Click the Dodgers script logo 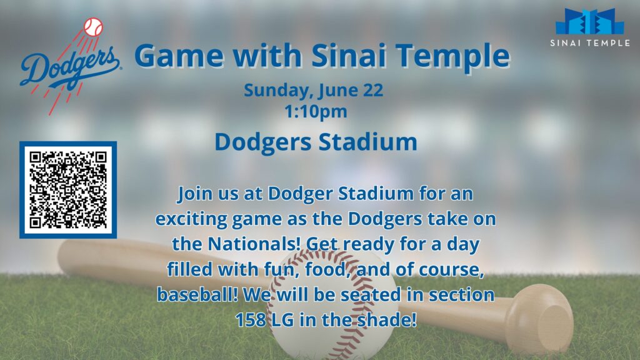69,67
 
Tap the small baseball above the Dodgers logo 94,27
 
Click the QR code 68,190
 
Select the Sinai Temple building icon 590,21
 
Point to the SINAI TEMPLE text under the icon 590,43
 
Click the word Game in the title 179,56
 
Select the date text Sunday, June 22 314,90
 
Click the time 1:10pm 316,111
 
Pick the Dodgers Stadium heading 316,142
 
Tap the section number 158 250,319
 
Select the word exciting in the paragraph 191,219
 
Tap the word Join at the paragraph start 195,194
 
